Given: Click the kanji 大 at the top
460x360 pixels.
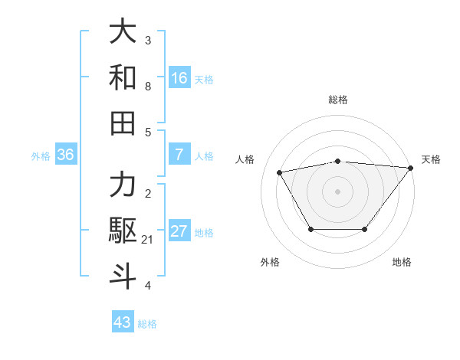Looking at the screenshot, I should coord(123,32).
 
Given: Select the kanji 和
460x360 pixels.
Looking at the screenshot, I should coord(123,77).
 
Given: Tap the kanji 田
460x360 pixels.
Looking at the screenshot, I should coord(123,123).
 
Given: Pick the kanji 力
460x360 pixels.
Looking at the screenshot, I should coord(123,185).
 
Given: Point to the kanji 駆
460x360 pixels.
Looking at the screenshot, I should coord(123,231).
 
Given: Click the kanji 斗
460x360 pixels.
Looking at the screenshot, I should coord(123,276).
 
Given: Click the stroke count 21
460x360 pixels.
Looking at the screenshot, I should coord(148,240).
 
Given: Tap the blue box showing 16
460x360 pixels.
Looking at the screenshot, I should coord(179,78).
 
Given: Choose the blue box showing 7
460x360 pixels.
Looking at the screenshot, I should coord(179,155).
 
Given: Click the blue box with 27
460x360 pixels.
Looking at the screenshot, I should coord(179,231).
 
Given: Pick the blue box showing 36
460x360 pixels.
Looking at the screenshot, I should coord(66,155).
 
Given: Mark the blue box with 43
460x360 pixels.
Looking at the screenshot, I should coord(123,322).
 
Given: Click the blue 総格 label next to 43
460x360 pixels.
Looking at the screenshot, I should coord(147,324).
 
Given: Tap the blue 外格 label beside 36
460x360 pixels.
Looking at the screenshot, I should coord(41,156).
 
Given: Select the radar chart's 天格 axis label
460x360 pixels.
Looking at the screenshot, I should coord(431,159).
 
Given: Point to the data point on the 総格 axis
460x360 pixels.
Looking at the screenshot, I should coord(338,162).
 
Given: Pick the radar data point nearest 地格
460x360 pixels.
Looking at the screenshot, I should coord(366,229).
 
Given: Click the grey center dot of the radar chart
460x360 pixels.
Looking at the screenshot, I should coord(338,191).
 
